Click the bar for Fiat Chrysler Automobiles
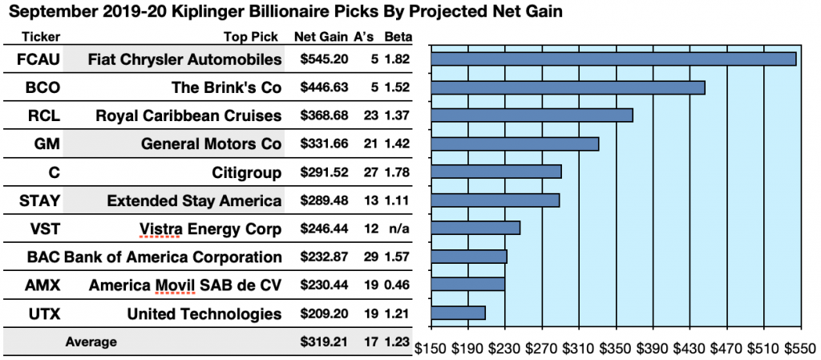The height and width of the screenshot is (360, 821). pos(613,59)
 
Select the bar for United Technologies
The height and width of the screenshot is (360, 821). pos(458,313)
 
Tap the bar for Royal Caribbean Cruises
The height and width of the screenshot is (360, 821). pos(532,115)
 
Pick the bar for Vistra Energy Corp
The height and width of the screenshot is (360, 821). pos(475,228)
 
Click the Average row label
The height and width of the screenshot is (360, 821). pos(91,342)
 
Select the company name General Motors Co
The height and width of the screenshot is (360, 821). pos(211,144)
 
